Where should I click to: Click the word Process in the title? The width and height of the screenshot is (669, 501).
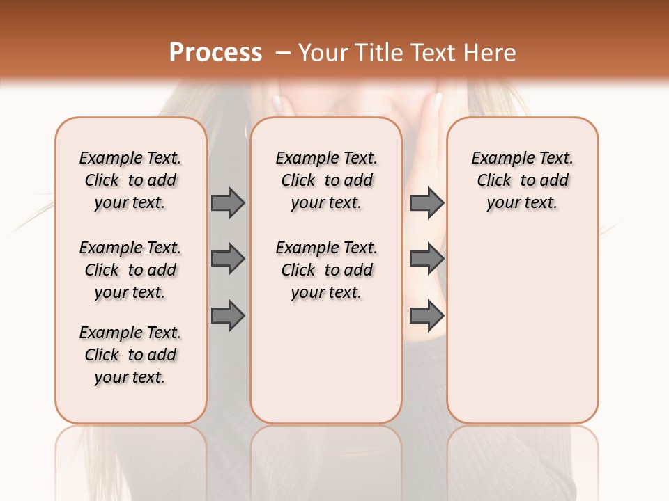[x=215, y=52]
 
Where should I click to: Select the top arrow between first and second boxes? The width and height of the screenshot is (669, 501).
[x=228, y=202]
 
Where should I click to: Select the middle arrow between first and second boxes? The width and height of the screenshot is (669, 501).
[x=228, y=259]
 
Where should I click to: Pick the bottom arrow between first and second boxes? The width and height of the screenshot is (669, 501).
[x=228, y=315]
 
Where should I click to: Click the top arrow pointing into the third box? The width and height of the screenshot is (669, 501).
[x=426, y=202]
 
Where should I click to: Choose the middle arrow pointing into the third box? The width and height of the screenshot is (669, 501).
[x=426, y=259]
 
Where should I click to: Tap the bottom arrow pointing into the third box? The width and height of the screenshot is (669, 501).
[x=426, y=315]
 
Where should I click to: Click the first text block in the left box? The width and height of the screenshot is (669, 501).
[x=130, y=180]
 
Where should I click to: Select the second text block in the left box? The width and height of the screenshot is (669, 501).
[x=130, y=270]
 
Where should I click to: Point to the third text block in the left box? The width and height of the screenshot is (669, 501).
[x=130, y=355]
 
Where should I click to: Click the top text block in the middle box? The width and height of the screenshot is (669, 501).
[x=326, y=180]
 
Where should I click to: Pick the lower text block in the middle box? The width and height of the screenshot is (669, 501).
[x=326, y=270]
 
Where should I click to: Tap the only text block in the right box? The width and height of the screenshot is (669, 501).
[x=522, y=180]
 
